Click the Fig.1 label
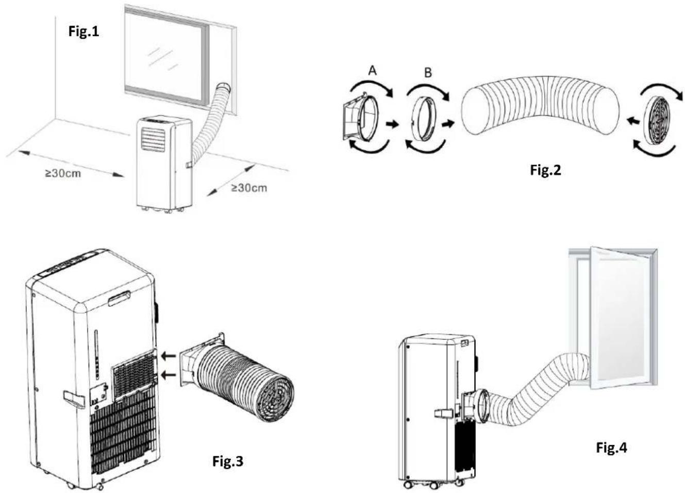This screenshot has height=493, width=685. (x=83, y=31)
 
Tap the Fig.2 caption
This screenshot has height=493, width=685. (x=545, y=170)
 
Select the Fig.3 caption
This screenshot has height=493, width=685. (x=228, y=461)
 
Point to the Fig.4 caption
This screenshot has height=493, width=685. (x=612, y=448)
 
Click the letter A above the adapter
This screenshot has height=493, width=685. (x=372, y=71)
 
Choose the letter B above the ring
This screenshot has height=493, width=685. (x=428, y=73)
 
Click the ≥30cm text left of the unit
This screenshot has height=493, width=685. (x=63, y=173)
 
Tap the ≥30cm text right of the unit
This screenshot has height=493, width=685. (x=249, y=188)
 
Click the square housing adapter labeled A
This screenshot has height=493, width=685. (x=360, y=118)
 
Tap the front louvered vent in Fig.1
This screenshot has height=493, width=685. (x=153, y=139)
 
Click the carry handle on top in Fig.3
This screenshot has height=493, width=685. (x=119, y=298)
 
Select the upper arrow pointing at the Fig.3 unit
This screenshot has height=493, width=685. (x=168, y=356)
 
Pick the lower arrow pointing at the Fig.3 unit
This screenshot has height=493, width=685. (x=168, y=374)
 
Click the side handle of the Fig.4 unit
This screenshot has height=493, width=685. (x=443, y=414)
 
